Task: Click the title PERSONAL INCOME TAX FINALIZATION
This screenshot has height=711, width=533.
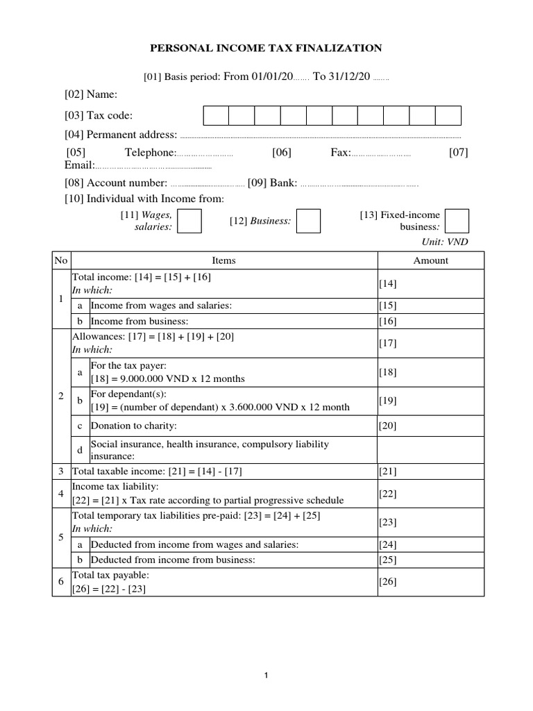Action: [266, 48]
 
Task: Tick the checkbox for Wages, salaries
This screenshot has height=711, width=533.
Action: [189, 221]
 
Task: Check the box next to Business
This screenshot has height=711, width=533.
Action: [308, 221]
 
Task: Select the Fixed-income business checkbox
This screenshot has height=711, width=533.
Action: [457, 220]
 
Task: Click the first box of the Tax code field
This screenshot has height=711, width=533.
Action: [216, 115]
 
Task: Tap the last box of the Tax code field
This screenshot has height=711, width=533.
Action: [448, 115]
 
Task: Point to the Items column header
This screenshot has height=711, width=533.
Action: [223, 260]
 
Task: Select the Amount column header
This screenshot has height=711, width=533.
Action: [430, 260]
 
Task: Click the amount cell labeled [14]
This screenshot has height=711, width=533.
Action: [430, 283]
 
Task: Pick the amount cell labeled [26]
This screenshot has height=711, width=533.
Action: [430, 582]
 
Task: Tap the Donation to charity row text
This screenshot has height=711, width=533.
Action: [134, 425]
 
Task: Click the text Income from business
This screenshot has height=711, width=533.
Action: [139, 321]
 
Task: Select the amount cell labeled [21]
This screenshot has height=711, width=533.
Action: [430, 471]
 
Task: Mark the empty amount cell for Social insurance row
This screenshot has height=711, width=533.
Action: [430, 449]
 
